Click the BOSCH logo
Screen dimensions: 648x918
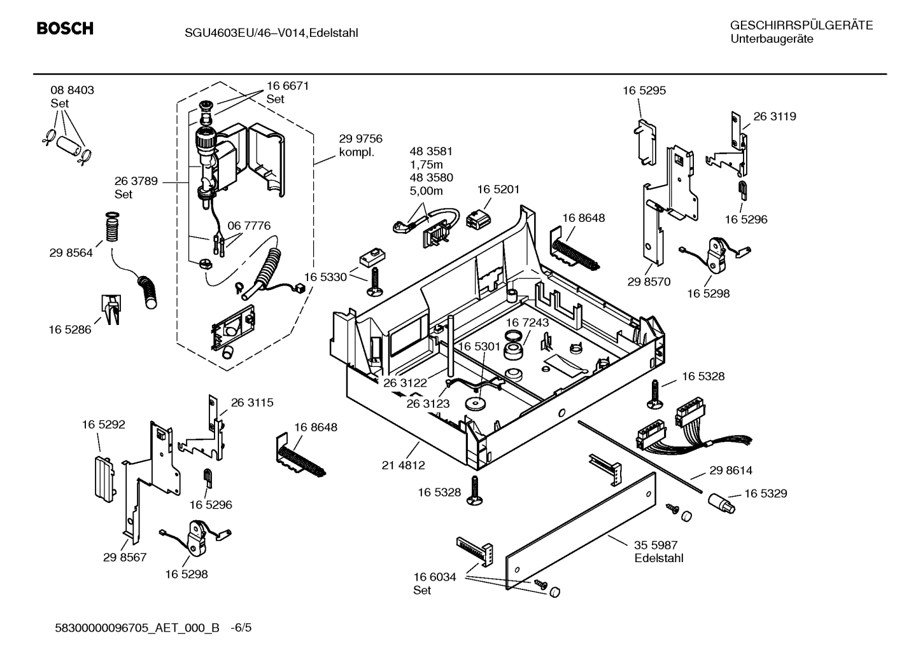65,29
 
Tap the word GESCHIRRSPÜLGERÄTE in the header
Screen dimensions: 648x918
801,25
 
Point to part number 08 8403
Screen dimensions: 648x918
72,90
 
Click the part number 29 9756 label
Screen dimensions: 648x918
360,139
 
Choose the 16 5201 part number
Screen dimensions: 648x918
498,190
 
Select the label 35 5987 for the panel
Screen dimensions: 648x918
656,545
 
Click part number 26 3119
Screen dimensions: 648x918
774,116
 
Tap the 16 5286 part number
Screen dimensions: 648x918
70,329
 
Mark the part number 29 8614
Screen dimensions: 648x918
730,471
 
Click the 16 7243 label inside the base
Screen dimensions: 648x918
527,322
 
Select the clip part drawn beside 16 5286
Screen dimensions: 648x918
109,308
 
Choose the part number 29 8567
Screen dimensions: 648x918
125,558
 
